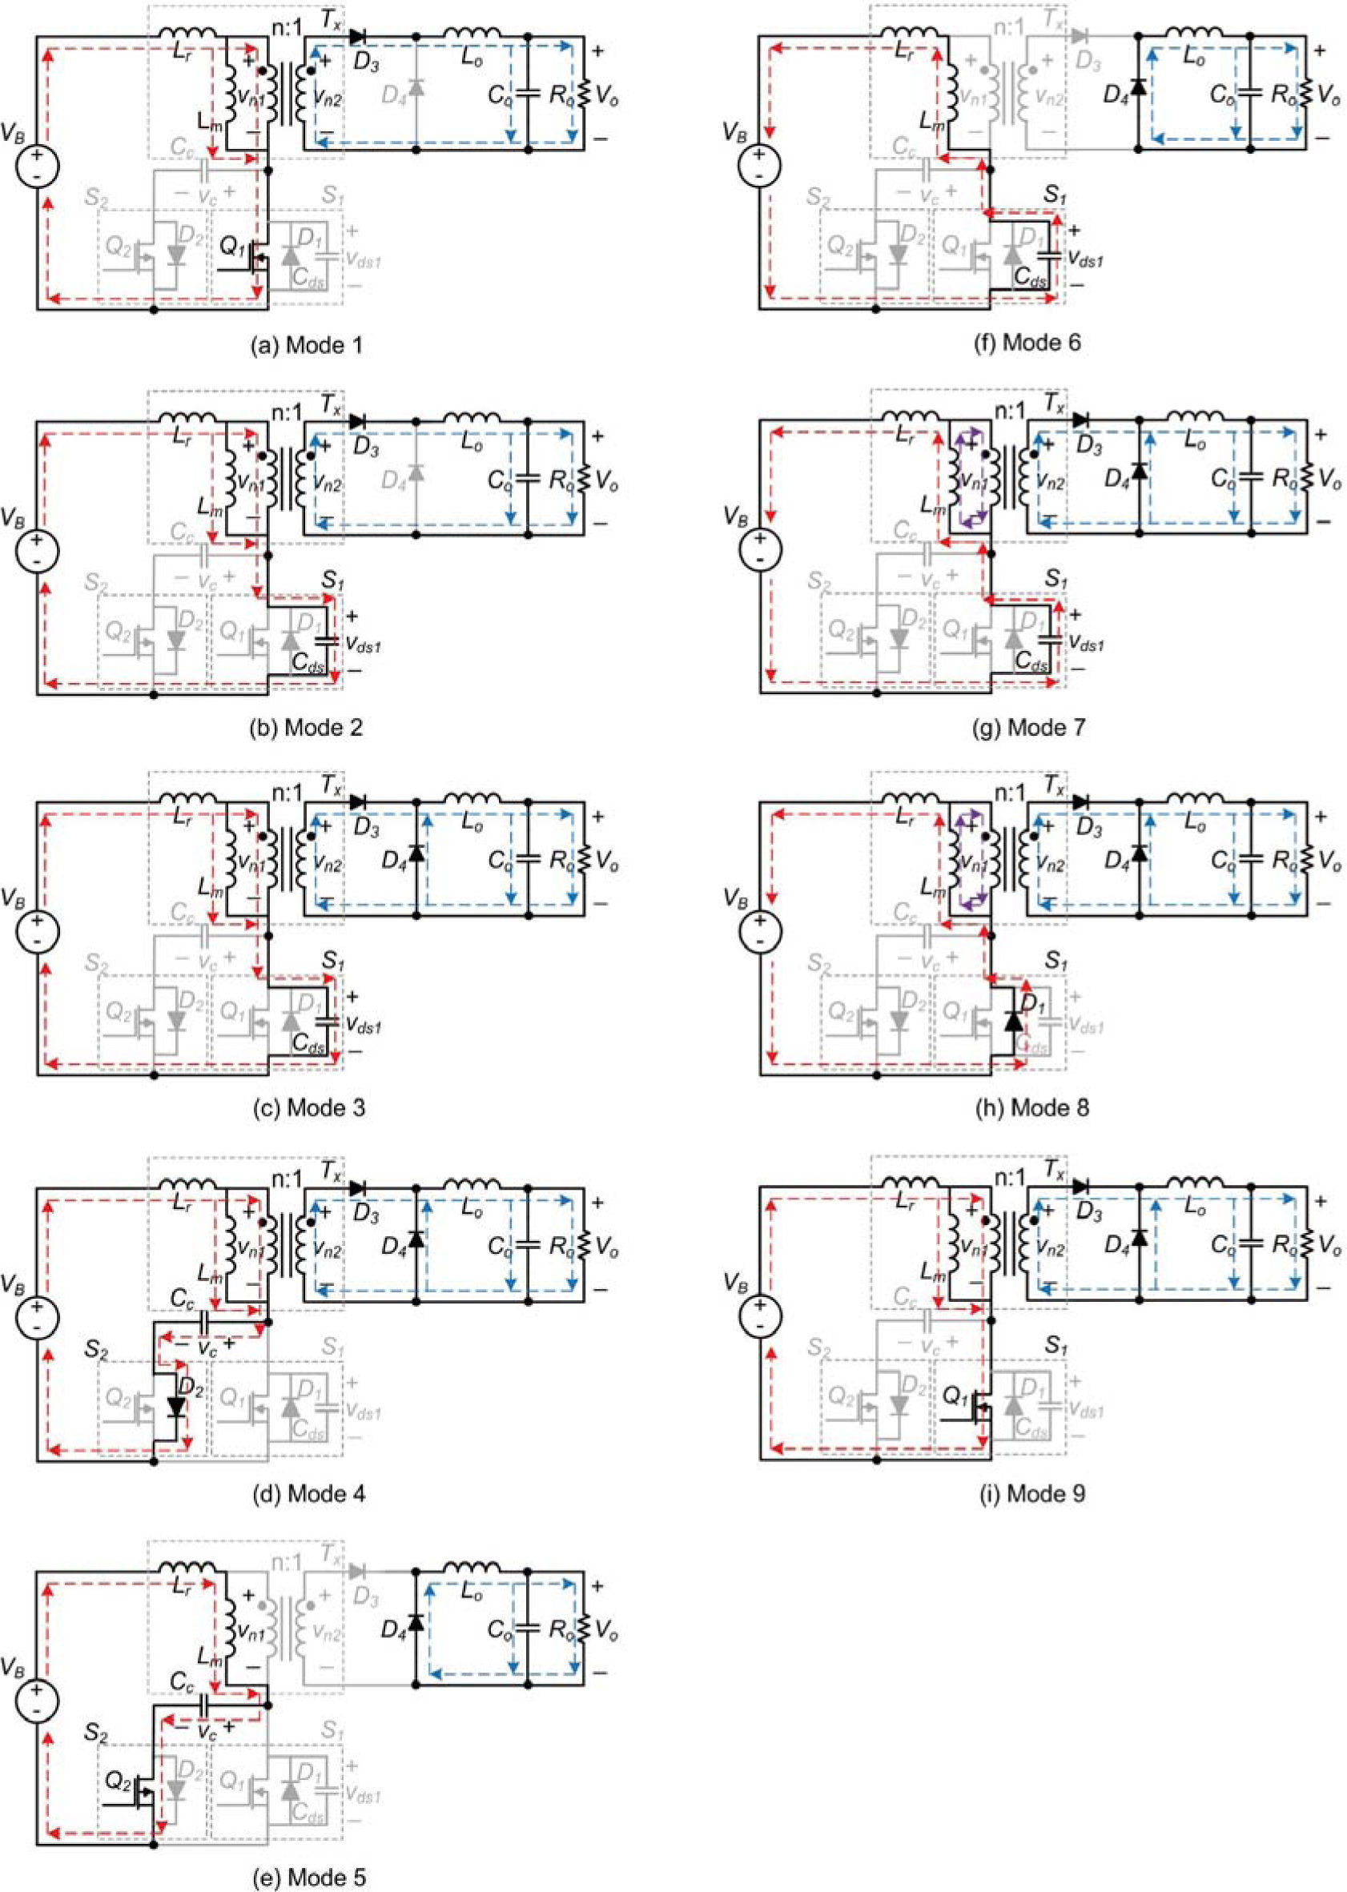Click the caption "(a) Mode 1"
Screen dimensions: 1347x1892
point(308,344)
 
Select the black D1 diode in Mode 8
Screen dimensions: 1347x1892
point(1013,1022)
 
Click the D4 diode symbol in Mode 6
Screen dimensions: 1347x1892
point(1138,87)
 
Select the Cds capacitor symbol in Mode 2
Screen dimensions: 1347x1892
point(329,640)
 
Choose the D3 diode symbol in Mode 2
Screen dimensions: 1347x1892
point(358,422)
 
